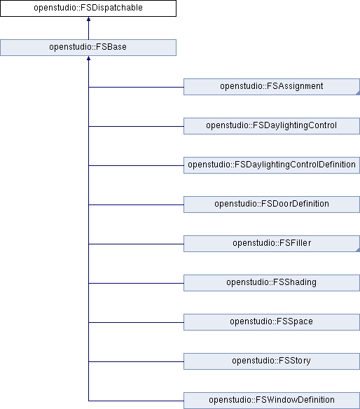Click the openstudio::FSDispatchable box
tap(88, 8)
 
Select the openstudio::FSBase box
tap(88, 48)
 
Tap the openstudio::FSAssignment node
tap(272, 87)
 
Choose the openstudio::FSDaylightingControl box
tap(272, 126)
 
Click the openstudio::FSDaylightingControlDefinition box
tap(272, 165)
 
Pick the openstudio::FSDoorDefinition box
tap(272, 204)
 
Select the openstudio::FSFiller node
tap(272, 244)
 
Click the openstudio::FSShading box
tap(272, 283)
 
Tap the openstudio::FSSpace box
tap(272, 322)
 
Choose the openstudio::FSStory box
tap(272, 361)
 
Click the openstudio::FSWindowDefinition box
tap(272, 401)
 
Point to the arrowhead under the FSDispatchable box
tap(88, 19)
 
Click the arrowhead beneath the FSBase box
tap(88, 58)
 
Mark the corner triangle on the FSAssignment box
tap(358, 93)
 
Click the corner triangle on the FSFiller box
tap(358, 249)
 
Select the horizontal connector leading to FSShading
tap(136, 283)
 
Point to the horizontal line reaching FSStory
tap(136, 361)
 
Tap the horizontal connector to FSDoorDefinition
tap(136, 204)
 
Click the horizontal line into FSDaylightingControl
tap(136, 126)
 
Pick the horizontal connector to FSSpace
tap(136, 322)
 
